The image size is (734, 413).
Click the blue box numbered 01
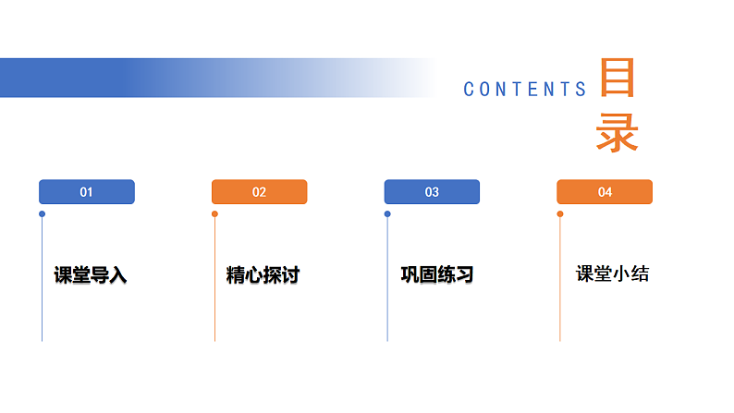click(x=87, y=192)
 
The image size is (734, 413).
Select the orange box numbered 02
click(x=259, y=192)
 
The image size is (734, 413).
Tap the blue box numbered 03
click(x=432, y=192)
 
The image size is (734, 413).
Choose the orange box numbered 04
click(x=605, y=192)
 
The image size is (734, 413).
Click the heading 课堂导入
click(x=90, y=275)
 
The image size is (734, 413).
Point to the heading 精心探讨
click(x=263, y=275)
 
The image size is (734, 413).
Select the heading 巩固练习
click(x=436, y=275)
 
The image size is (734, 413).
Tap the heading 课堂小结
click(x=612, y=273)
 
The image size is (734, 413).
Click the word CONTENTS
click(x=525, y=90)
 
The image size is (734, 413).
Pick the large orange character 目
click(x=617, y=79)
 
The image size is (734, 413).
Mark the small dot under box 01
click(x=42, y=214)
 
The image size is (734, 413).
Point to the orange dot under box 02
click(x=214, y=214)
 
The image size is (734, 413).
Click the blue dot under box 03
click(x=387, y=214)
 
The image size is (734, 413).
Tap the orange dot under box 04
click(x=560, y=214)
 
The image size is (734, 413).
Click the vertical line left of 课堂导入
click(x=42, y=286)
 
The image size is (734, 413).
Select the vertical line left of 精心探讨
click(x=214, y=286)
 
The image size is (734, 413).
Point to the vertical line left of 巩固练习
click(x=387, y=286)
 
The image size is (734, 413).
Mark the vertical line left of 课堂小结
click(x=560, y=286)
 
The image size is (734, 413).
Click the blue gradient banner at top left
click(x=139, y=78)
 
